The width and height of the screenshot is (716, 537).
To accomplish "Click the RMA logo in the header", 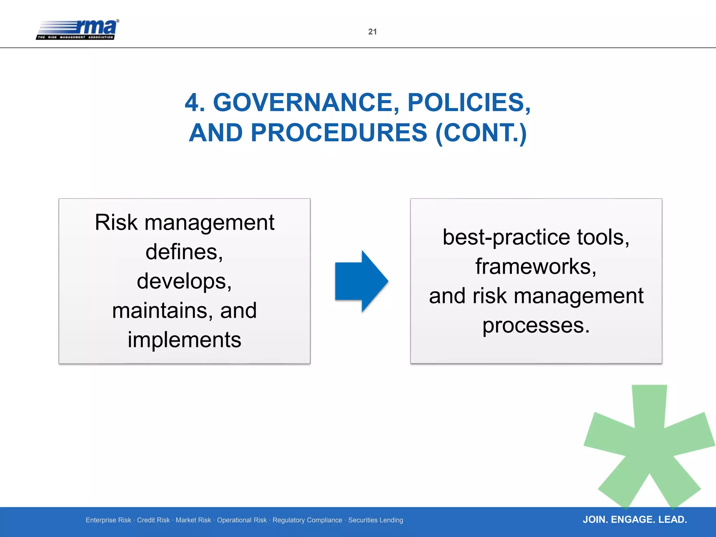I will coord(78,30).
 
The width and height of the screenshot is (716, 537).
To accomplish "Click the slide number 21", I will coord(372,32).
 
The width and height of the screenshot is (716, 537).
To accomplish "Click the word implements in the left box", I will coord(184,340).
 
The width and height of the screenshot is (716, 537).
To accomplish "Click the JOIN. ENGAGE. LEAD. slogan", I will coord(635,520).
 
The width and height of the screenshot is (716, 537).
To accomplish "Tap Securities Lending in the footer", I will coord(375,520).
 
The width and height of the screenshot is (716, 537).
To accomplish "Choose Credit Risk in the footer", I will coord(153,520).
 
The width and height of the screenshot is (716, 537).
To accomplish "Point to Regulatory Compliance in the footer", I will coord(307,520).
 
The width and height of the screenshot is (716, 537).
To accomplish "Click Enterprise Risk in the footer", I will coord(108,520).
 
